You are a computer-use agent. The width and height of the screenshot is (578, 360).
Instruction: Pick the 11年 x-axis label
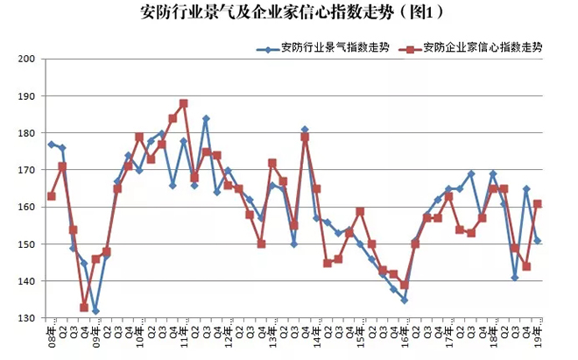point(184,334)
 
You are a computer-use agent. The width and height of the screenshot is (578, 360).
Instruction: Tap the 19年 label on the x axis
point(538,334)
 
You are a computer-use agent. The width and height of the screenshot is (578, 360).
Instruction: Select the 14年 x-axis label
point(316,334)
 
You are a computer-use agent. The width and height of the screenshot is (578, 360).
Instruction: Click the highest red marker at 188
point(184,103)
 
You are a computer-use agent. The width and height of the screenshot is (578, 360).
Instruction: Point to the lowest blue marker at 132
point(95,311)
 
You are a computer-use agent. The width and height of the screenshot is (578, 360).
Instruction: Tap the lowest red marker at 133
point(84,307)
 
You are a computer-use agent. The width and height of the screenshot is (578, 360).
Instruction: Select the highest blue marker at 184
point(206,118)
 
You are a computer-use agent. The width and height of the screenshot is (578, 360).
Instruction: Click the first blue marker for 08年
point(51,145)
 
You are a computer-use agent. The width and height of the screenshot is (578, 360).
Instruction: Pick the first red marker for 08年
point(51,196)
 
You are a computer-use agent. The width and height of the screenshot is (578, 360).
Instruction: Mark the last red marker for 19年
point(538,204)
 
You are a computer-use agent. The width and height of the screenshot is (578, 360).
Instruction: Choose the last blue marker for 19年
point(538,241)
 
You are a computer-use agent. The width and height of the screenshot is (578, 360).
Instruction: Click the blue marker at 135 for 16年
point(405,300)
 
